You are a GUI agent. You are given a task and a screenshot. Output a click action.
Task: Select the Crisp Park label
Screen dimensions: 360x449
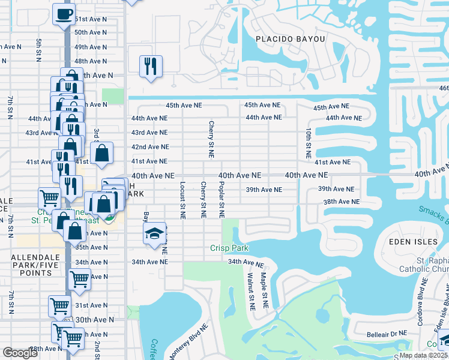(229, 248)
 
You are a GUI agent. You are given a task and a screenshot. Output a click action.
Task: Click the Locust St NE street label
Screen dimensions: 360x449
(181, 199)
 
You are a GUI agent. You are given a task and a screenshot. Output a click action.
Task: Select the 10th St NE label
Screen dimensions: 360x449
(308, 143)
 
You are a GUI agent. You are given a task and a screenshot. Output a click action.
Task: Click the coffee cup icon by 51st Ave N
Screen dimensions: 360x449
(64, 14)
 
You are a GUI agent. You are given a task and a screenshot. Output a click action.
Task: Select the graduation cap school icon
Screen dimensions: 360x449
(154, 234)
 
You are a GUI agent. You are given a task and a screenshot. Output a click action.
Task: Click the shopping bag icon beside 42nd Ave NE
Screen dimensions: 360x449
(102, 152)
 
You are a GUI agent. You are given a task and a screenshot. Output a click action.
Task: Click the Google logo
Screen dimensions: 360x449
(20, 353)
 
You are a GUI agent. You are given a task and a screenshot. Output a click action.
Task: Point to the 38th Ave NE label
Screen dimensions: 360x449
(341, 202)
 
